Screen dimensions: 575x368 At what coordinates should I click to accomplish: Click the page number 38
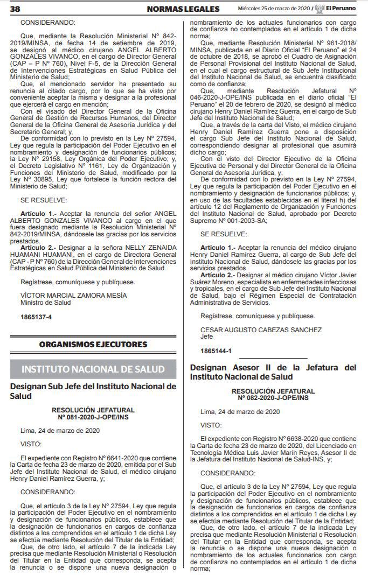[15, 9]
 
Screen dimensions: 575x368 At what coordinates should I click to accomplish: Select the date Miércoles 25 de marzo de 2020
[274, 9]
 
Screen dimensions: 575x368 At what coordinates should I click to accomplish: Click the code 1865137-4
[36, 318]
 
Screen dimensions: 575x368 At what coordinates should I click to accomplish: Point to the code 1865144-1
[216, 350]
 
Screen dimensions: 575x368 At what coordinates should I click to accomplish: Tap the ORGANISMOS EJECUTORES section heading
[93, 345]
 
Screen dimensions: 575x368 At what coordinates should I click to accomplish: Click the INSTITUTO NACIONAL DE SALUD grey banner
[93, 369]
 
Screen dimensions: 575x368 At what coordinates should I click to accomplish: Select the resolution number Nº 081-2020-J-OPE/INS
[93, 417]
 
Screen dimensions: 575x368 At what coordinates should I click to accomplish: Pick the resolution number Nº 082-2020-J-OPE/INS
[273, 397]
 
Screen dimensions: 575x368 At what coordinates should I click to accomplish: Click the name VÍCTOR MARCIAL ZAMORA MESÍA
[74, 295]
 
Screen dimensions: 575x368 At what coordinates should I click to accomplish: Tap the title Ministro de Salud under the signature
[45, 303]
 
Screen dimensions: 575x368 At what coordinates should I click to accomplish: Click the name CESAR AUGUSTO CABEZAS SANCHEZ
[261, 329]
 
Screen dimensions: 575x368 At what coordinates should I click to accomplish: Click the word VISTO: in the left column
[31, 444]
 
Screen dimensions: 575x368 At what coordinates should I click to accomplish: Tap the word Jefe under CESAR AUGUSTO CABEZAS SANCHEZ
[206, 336]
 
